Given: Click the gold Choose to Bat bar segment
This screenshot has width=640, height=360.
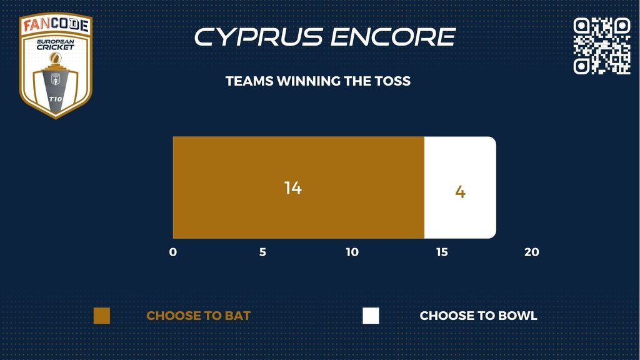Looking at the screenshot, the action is [x=298, y=187].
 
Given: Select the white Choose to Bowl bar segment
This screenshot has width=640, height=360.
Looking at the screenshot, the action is [x=461, y=187].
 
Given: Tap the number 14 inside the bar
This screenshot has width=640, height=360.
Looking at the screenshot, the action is [x=293, y=187].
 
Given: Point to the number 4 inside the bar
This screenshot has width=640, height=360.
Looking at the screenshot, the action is [x=461, y=192].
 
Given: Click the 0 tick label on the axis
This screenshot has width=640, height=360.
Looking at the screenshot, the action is [x=173, y=252].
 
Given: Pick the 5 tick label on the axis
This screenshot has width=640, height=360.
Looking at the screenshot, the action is [x=263, y=252].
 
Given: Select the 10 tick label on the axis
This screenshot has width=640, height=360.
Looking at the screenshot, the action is [x=352, y=252].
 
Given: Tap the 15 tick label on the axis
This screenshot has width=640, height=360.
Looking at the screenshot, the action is [x=442, y=252].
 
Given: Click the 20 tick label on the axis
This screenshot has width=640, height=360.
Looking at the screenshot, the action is [x=532, y=252].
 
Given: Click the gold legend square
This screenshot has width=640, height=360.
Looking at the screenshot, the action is [x=102, y=316].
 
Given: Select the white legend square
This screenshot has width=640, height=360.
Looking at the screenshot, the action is [x=371, y=316].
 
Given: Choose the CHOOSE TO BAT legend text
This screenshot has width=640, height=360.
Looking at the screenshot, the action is [x=198, y=316].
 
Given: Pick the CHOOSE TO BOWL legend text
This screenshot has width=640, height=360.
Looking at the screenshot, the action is [x=478, y=316].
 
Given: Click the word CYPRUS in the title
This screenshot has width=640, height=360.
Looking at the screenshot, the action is [x=259, y=37].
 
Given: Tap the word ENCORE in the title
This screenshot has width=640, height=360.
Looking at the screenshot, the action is [x=393, y=37].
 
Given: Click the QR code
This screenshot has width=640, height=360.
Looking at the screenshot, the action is [x=602, y=46].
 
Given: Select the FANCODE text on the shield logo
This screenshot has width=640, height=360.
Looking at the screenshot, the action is [x=56, y=25].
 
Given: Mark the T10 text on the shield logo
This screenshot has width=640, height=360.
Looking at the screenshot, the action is [x=56, y=99].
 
